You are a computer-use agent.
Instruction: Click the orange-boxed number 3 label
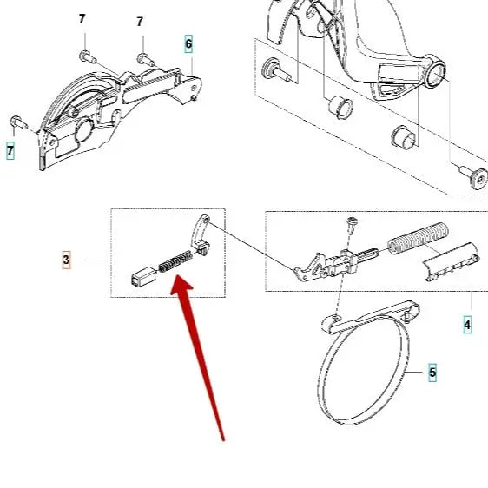tap(66, 259)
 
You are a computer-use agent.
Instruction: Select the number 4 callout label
tap(467, 326)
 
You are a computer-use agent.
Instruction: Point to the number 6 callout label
tap(188, 43)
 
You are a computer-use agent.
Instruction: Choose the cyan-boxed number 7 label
tap(10, 151)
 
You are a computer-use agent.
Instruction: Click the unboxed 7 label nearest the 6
tap(140, 22)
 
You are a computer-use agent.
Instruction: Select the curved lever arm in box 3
tap(199, 234)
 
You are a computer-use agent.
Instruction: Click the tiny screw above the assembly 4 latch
tap(352, 225)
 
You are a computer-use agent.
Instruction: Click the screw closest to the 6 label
tap(143, 59)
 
